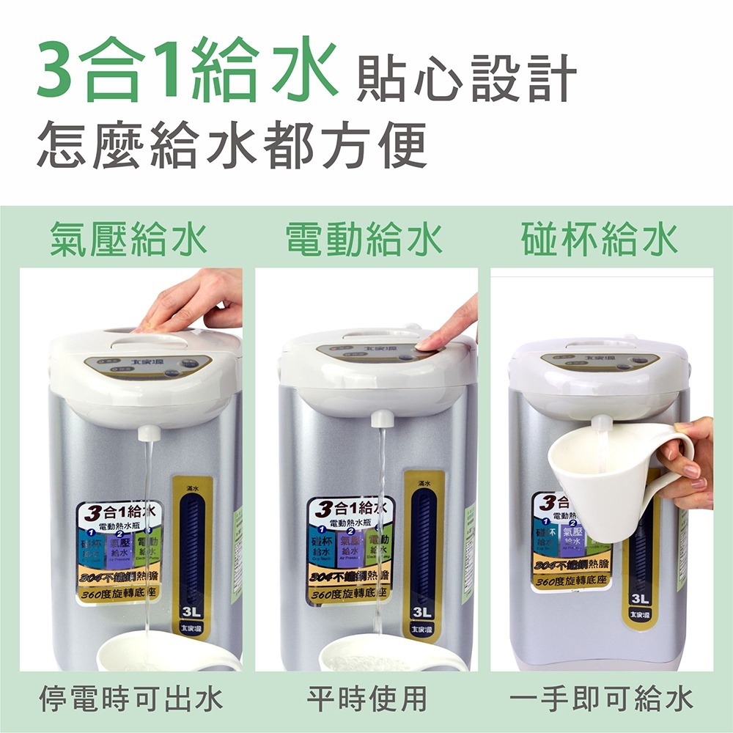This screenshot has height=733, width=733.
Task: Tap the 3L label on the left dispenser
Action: coord(193,611)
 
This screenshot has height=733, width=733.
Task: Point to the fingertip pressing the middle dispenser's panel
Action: coord(424,342)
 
